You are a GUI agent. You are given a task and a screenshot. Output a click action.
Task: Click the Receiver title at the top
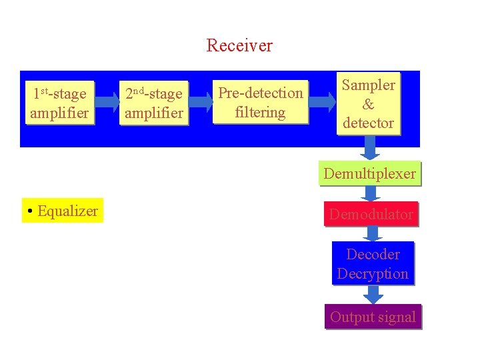(x=239, y=45)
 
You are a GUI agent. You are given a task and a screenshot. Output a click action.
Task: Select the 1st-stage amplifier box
(x=59, y=103)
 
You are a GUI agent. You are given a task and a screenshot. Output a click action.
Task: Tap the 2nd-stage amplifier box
(x=153, y=103)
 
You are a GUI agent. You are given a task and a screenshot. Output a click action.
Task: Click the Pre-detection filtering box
(x=261, y=103)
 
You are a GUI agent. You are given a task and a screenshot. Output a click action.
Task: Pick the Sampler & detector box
(x=368, y=103)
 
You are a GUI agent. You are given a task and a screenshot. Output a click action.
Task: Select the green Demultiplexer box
(x=370, y=174)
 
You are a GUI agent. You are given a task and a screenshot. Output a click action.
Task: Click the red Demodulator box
(x=371, y=214)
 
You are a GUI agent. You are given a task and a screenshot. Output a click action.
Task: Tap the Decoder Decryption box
(x=373, y=264)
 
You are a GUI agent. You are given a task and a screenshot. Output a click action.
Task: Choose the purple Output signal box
(x=373, y=317)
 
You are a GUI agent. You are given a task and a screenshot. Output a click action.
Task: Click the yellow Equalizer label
(x=63, y=211)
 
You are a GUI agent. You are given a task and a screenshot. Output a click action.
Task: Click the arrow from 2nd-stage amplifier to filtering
(x=200, y=101)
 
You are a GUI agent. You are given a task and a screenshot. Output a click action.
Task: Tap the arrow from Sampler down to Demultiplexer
(x=371, y=148)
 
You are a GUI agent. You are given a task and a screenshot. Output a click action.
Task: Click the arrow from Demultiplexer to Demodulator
(x=371, y=193)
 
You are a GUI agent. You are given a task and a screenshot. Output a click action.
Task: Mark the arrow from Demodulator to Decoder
(x=372, y=233)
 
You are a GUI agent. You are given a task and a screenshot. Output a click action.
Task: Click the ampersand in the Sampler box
(x=368, y=104)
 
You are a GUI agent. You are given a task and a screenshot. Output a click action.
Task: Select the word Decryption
(x=373, y=274)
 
